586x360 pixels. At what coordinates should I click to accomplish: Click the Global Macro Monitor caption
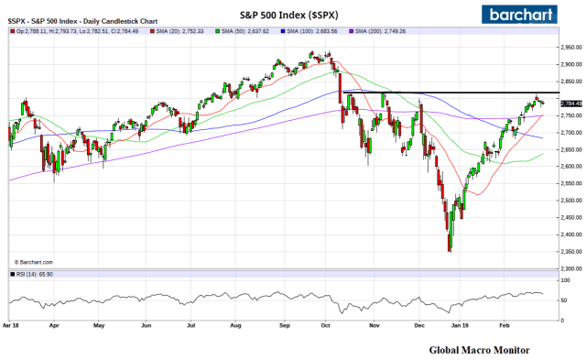pyautogui.click(x=477, y=349)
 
